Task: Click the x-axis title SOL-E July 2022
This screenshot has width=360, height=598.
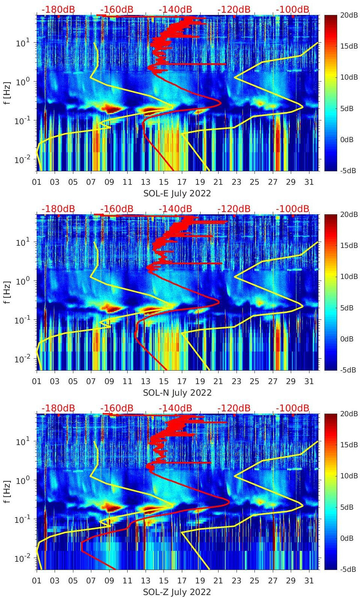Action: [x=177, y=193]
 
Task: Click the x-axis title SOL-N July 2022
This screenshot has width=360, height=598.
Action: [x=177, y=393]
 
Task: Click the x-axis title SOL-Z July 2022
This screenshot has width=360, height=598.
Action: [x=177, y=592]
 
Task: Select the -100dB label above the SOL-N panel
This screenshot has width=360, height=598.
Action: [x=293, y=209]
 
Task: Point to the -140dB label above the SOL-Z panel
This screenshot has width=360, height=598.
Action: [x=175, y=408]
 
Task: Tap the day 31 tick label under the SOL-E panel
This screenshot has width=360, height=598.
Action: [x=309, y=182]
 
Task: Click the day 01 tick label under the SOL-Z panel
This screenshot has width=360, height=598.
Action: [x=37, y=580]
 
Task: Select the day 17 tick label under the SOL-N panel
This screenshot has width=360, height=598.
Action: [x=182, y=381]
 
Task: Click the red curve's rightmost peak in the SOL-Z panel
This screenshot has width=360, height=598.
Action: [x=229, y=503]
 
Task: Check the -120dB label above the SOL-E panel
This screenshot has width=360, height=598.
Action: [x=234, y=9]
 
